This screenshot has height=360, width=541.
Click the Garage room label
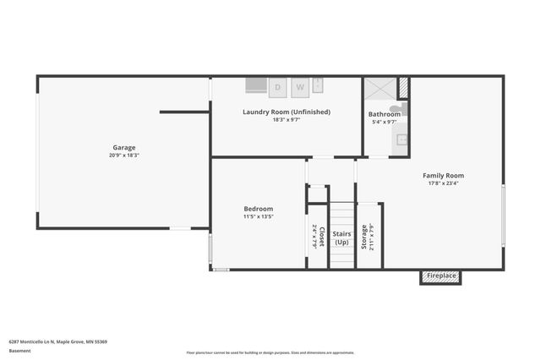click(x=124, y=147)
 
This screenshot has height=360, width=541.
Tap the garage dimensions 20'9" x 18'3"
click(x=124, y=155)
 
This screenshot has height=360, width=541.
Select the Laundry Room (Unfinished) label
click(x=287, y=112)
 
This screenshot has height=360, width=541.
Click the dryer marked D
click(x=276, y=86)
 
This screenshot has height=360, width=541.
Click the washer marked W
click(x=299, y=86)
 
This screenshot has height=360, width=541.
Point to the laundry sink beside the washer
click(x=319, y=85)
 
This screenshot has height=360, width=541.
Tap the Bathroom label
click(x=384, y=114)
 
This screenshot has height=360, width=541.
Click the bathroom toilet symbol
click(x=403, y=109)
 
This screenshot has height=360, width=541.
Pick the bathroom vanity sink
click(x=402, y=139)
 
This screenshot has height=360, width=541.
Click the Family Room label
click(x=444, y=176)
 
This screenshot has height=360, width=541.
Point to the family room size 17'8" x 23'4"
click(x=444, y=183)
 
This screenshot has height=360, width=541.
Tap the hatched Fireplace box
click(x=440, y=276)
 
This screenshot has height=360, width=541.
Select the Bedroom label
click(x=258, y=209)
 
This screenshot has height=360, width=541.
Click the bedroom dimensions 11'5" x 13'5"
click(x=258, y=216)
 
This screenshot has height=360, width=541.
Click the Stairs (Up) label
click(x=342, y=237)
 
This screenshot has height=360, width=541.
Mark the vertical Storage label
click(x=364, y=237)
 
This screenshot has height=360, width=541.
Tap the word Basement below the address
click(x=19, y=350)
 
